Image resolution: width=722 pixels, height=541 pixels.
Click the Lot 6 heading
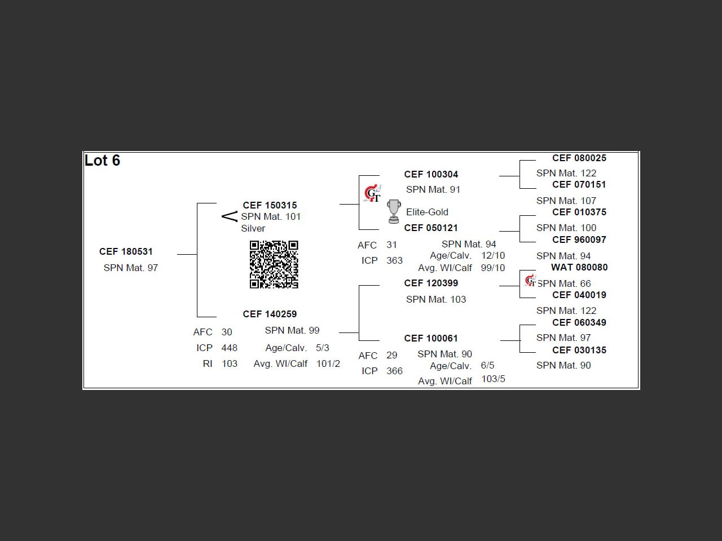[x=102, y=161]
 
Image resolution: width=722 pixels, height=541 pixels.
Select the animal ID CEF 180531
[x=126, y=251]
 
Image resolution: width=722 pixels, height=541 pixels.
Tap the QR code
[x=274, y=264]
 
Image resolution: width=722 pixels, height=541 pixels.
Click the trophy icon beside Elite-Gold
[x=394, y=211]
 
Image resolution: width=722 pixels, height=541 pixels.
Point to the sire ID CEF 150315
[x=270, y=205]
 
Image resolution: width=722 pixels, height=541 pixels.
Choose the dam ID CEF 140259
[x=270, y=314]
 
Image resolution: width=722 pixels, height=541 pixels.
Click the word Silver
[x=253, y=228]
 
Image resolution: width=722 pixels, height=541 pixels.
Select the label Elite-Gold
[x=427, y=212]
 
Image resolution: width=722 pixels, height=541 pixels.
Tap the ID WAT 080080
[x=579, y=267]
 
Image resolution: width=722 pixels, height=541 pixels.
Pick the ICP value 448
[x=229, y=348]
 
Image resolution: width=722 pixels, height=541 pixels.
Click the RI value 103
[x=229, y=363]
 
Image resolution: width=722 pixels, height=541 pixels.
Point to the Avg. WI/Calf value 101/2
[x=328, y=363]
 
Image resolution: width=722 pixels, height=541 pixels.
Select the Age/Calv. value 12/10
[x=492, y=255]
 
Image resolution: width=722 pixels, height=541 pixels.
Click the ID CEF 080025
[x=579, y=158]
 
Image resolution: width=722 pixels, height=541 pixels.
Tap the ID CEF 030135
[x=579, y=350]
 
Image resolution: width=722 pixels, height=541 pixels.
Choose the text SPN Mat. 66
[x=564, y=283]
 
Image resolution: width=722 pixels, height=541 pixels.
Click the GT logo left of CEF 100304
[x=372, y=194]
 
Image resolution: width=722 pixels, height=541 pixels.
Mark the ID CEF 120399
[x=431, y=283]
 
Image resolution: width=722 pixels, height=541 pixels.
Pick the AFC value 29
[x=391, y=355]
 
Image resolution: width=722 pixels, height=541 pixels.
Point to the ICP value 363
[x=394, y=260]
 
